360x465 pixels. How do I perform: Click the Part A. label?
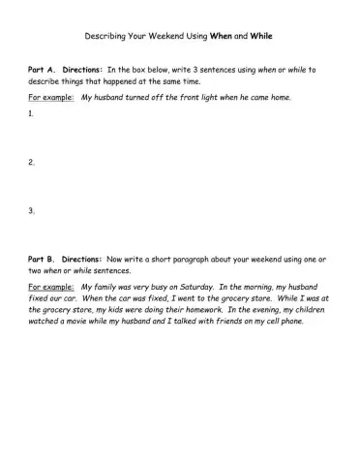pos(43,70)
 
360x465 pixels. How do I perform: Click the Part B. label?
pos(43,260)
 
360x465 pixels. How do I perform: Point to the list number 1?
pos(32,113)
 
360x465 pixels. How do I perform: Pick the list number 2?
pos(32,162)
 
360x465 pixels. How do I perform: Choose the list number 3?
pos(32,210)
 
